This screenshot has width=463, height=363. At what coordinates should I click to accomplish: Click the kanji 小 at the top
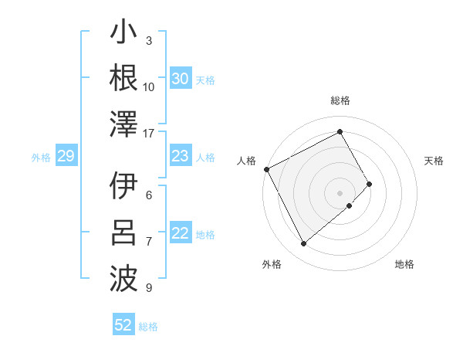tap(124, 36)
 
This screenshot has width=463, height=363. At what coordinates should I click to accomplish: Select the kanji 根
tap(124, 79)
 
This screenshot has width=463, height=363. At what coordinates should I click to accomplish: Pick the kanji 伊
tap(124, 186)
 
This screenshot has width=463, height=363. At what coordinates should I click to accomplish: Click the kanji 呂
tap(124, 232)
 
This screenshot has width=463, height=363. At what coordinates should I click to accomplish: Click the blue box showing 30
tap(180, 79)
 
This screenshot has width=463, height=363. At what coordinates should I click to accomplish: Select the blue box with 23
tap(180, 157)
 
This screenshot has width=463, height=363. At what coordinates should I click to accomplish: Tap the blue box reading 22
tap(180, 234)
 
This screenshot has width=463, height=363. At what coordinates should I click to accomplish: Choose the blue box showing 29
tap(66, 157)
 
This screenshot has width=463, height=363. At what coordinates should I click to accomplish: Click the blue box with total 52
tap(123, 325)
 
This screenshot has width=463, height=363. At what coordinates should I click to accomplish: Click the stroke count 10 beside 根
tap(149, 87)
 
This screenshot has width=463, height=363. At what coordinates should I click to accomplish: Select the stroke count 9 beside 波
tap(149, 288)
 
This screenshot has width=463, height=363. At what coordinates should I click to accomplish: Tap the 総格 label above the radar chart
tap(340, 100)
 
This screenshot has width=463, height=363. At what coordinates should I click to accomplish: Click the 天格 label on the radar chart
tap(434, 161)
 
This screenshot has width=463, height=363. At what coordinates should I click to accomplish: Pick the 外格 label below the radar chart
tap(272, 264)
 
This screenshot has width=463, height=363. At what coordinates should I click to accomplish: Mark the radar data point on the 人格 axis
tap(266, 169)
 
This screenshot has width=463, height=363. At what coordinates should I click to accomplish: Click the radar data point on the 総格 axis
tap(340, 131)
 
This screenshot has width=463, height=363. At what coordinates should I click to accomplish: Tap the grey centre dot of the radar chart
tap(340, 192)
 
